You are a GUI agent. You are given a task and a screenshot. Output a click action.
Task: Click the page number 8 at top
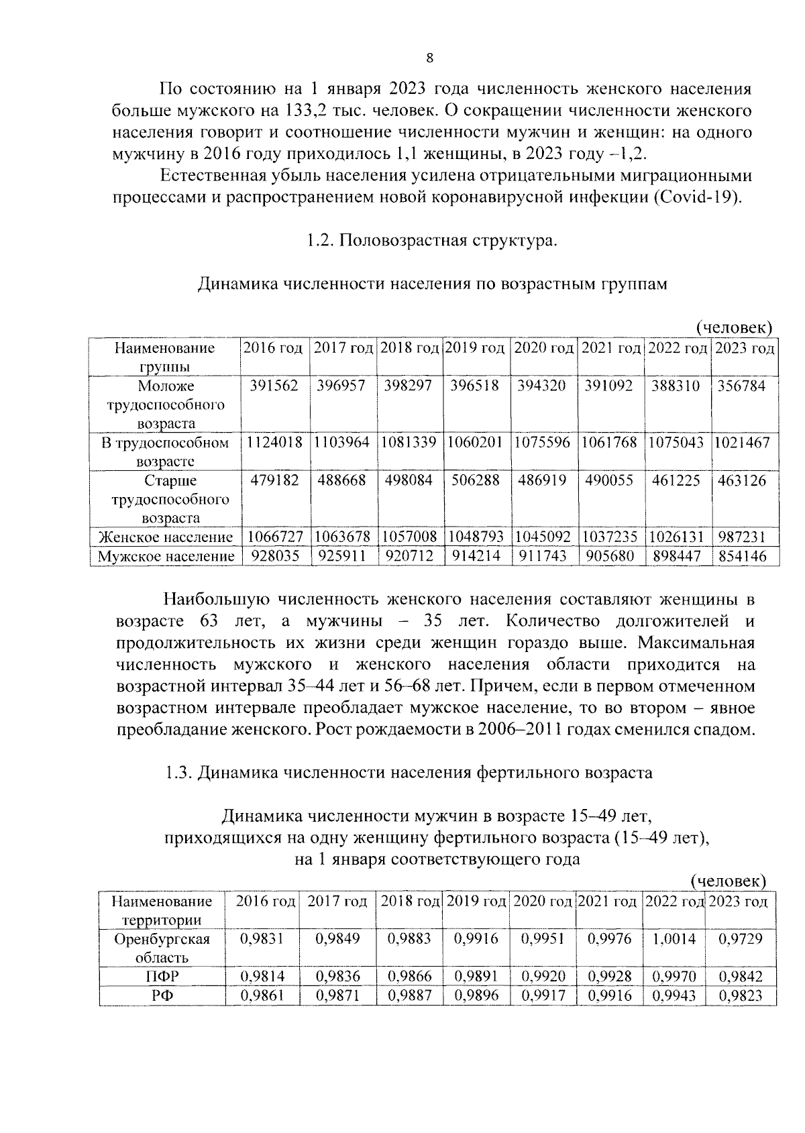coord(430,58)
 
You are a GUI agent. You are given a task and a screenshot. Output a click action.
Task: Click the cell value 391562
coord(274,386)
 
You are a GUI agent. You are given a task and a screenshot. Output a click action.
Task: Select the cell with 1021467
coord(742,443)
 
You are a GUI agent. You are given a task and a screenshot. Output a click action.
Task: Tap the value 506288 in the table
coord(475,480)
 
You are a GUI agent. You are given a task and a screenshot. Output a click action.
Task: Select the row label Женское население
coord(166,537)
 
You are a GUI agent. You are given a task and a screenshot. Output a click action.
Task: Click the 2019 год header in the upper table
coord(475,348)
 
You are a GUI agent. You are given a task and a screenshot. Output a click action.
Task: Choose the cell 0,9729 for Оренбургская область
coord(741,938)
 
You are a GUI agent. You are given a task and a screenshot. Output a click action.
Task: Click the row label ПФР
coord(162,977)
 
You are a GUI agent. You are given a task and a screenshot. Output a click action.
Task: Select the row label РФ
coord(162,995)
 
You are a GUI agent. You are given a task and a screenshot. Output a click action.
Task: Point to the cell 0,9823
coord(741,995)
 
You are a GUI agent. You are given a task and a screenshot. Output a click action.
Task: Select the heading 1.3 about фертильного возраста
coord(409,772)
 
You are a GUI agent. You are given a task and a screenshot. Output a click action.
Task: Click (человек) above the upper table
coord(733,327)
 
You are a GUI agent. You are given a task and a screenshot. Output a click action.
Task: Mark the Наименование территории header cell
coord(162,910)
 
